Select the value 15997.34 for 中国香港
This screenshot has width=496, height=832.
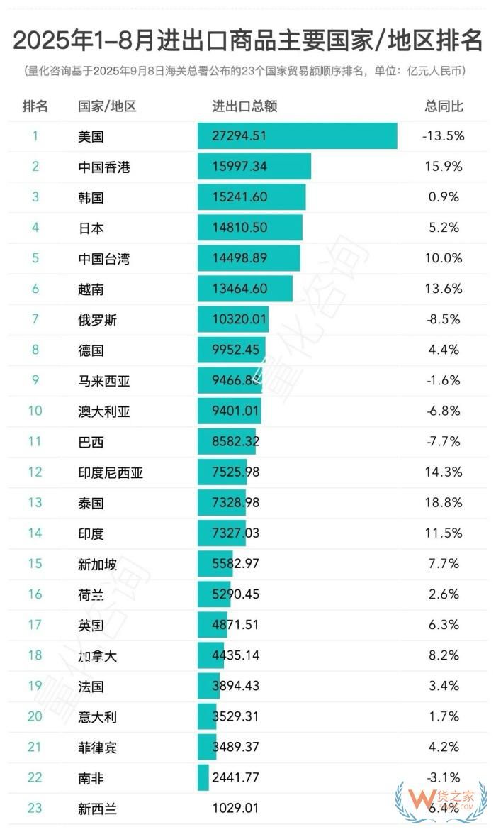[239, 167]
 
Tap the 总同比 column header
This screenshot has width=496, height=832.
[444, 106]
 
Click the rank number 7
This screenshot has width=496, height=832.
[35, 319]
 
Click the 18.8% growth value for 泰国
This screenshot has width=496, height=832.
[444, 502]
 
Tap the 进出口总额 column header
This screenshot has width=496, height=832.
[244, 106]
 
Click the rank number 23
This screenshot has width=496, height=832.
[35, 807]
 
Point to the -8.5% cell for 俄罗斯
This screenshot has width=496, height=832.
[444, 319]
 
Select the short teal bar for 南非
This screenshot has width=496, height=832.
[203, 777]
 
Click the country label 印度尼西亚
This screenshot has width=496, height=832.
[111, 472]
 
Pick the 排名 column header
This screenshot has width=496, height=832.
[35, 106]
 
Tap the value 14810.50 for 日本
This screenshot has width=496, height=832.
[239, 228]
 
